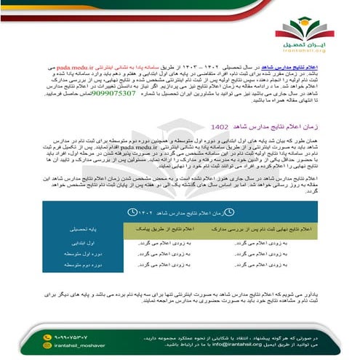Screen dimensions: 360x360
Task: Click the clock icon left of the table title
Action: point(130,212)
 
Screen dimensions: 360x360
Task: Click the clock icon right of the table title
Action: point(228,212)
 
